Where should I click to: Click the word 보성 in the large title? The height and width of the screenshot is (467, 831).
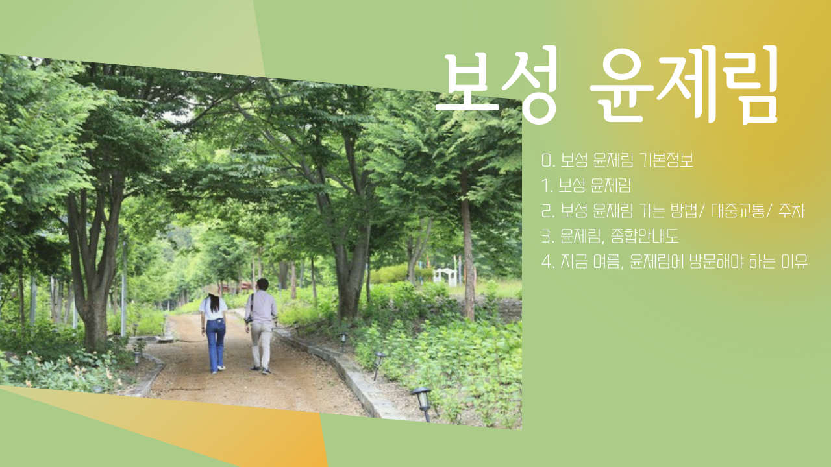497,84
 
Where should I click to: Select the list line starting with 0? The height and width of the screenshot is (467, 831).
617,160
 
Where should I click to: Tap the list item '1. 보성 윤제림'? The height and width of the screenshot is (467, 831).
586,186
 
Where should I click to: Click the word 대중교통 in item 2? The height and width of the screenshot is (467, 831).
734,211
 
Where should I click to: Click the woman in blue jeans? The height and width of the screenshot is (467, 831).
214,331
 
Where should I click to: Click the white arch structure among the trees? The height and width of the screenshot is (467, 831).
445,276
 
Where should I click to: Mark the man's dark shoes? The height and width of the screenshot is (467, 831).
260,370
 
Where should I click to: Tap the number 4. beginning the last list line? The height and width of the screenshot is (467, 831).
547,262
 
